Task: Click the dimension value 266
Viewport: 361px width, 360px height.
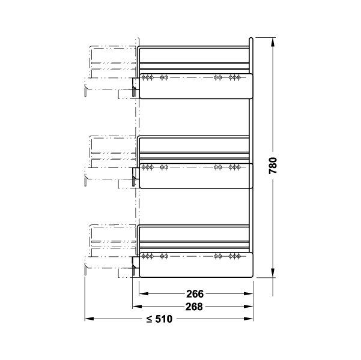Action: click(x=195, y=294)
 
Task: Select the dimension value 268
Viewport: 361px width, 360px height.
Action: click(x=194, y=307)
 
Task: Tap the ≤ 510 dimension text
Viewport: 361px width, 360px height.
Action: click(x=159, y=319)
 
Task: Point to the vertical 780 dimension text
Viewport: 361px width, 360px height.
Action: click(x=273, y=166)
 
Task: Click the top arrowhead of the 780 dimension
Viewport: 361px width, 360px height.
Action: click(x=273, y=43)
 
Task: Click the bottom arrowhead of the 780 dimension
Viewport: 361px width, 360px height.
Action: click(x=273, y=273)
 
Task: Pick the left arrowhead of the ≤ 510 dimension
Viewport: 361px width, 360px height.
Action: click(x=89, y=319)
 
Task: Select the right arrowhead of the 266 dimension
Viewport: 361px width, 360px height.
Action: click(x=249, y=294)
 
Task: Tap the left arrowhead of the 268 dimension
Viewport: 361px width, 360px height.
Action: click(x=137, y=307)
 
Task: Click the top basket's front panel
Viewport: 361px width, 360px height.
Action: click(x=196, y=86)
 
